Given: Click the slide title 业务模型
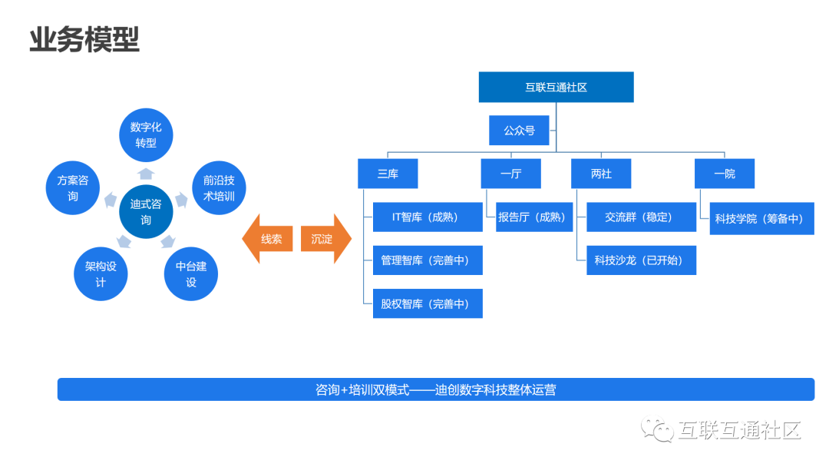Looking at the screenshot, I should click(x=84, y=40).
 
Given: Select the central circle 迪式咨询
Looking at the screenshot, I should click(x=146, y=212).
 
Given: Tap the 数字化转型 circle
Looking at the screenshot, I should click(x=146, y=135).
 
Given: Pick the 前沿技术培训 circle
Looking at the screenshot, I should click(x=219, y=188).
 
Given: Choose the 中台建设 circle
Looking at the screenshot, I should click(x=191, y=274).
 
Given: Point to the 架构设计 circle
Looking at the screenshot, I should click(x=101, y=274).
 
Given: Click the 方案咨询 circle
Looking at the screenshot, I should click(x=73, y=188).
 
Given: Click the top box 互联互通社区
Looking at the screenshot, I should click(x=556, y=87).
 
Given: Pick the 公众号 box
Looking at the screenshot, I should click(x=519, y=131).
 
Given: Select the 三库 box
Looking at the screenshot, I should click(x=388, y=174).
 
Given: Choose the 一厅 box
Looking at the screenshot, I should click(x=510, y=174).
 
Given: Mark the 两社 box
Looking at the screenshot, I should click(x=601, y=174).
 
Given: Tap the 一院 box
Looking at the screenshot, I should click(x=724, y=174).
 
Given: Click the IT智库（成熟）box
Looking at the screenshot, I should click(x=427, y=217).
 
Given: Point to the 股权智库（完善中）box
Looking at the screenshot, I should click(x=427, y=303).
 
